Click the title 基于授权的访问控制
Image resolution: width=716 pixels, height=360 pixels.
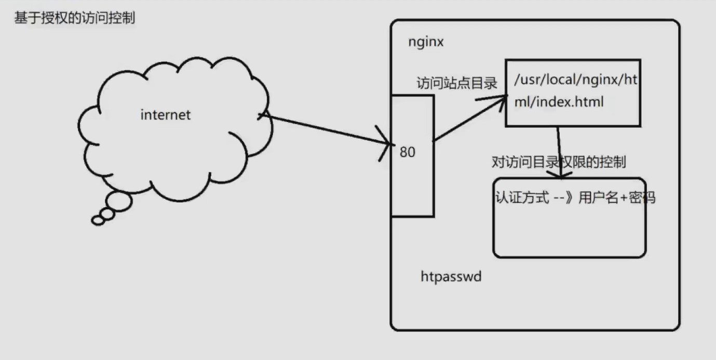pos(74,19)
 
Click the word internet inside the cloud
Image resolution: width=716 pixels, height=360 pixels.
pos(166,115)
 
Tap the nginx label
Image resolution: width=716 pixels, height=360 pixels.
pos(426,42)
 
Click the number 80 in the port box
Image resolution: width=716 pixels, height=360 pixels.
pos(408,153)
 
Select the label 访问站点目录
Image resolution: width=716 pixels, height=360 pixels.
pos(457,83)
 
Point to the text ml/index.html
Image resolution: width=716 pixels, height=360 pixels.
pos(559,102)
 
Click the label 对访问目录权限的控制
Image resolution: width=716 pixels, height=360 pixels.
pos(559,162)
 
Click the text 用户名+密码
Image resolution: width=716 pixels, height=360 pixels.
pos(617,198)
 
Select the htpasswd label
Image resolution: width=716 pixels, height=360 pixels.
pos(451,277)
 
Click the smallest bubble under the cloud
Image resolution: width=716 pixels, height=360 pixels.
pos(98,221)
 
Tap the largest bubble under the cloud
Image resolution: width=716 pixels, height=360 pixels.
pos(119,202)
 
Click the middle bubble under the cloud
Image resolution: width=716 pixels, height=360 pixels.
pos(107,214)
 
